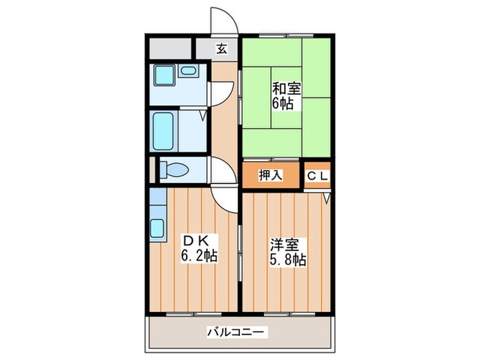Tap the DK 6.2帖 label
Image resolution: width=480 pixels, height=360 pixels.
click(199, 248)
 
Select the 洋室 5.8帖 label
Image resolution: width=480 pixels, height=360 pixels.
click(287, 252)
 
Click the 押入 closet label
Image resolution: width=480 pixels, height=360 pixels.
click(270, 176)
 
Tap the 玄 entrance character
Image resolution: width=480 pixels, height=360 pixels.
click(221, 49)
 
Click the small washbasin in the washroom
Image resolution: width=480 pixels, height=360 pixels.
click(187, 71)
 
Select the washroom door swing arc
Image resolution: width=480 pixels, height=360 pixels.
click(221, 93)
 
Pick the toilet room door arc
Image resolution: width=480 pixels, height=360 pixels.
click(221, 169)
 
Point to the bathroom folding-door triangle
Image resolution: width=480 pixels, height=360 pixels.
click(203, 115)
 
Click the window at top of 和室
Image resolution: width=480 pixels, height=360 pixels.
click(286, 34)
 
